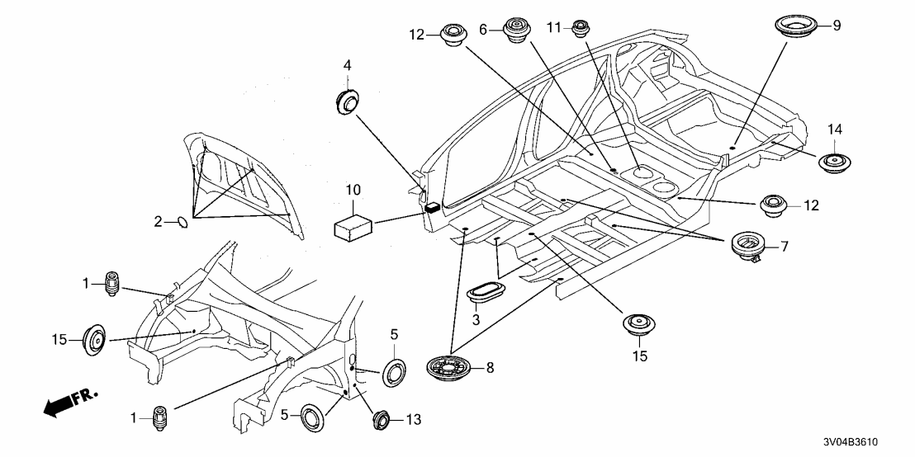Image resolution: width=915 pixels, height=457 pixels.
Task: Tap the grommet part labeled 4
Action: (348, 101)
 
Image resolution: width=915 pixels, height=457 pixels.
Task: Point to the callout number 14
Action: (836, 130)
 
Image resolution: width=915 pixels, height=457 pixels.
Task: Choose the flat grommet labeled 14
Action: (836, 162)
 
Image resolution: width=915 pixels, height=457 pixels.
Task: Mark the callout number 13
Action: (414, 420)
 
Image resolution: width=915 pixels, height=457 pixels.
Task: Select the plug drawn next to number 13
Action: (382, 419)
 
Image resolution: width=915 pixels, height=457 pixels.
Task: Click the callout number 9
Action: (837, 26)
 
